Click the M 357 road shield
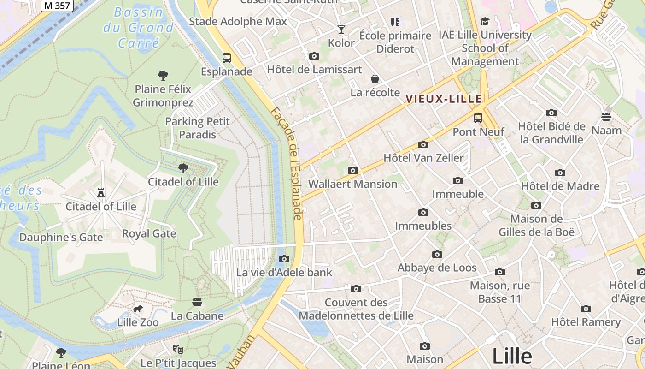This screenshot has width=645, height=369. (x=58, y=6)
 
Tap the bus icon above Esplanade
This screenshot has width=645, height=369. (x=226, y=58)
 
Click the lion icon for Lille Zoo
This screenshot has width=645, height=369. (x=137, y=309)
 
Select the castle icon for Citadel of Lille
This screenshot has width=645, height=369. (x=101, y=192)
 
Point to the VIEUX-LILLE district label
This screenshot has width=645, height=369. (x=444, y=99)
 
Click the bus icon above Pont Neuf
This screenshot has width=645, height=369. (x=478, y=118)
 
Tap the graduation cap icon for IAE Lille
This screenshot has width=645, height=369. (x=485, y=21)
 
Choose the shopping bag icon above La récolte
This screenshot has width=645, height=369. (x=375, y=79)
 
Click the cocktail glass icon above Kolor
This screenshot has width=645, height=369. (x=341, y=30)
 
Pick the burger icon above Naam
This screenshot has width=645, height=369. (x=606, y=116)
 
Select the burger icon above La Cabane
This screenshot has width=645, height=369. (x=197, y=302)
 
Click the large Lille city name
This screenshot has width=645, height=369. (x=512, y=356)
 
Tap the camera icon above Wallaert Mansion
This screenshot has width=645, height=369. (x=353, y=170)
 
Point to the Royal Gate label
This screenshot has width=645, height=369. (x=149, y=233)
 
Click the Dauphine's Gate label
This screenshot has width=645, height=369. (x=61, y=238)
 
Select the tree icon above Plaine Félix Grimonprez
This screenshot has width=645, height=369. (x=163, y=75)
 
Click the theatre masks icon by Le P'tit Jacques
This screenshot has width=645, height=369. (x=178, y=350)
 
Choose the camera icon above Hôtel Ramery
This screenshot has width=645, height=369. (x=586, y=309)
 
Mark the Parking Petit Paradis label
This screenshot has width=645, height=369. (x=197, y=128)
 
